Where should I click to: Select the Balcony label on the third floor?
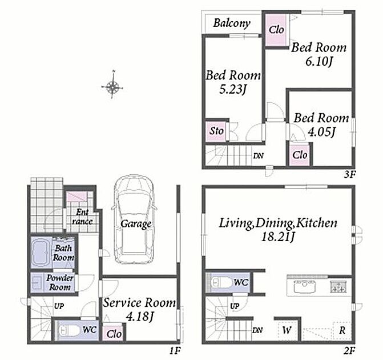click(232, 23)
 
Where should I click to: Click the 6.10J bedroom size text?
click(319, 61)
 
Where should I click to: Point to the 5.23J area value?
click(232, 89)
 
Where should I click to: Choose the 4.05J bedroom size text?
click(321, 132)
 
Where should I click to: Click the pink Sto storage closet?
click(216, 131)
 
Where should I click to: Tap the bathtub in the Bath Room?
click(41, 252)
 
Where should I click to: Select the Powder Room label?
click(60, 282)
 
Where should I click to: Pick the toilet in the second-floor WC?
click(221, 283)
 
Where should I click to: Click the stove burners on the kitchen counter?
click(338, 287)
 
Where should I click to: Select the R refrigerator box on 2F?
click(342, 330)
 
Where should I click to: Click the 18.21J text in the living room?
click(278, 237)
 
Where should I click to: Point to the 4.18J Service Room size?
click(139, 317)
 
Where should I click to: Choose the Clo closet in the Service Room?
click(114, 333)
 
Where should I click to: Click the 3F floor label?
click(349, 175)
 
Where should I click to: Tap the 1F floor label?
click(175, 351)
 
